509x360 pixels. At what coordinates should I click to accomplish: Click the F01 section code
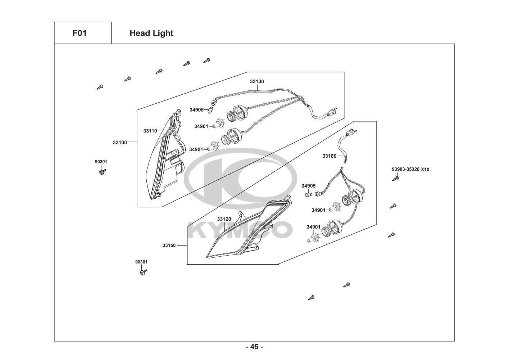tap(79, 33)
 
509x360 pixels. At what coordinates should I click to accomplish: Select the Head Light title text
tap(151, 33)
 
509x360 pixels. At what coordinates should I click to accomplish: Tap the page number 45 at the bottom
tap(254, 347)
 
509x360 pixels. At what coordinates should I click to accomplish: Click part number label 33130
tap(257, 82)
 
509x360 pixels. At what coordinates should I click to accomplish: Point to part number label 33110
tap(150, 131)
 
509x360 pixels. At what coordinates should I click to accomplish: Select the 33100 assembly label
tap(120, 143)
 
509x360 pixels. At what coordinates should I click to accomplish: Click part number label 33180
tap(329, 156)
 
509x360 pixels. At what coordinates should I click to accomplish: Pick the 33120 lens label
tap(224, 219)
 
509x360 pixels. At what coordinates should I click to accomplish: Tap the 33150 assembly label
tap(169, 246)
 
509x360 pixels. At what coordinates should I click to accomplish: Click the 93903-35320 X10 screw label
tap(410, 169)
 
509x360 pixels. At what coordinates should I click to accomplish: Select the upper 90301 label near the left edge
tap(101, 162)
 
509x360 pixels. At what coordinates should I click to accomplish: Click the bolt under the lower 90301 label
tap(143, 273)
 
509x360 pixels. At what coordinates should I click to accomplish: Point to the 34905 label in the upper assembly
tap(196, 110)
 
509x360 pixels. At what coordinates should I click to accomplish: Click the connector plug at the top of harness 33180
tap(350, 134)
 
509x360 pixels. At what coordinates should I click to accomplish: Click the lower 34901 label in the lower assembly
tap(313, 227)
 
